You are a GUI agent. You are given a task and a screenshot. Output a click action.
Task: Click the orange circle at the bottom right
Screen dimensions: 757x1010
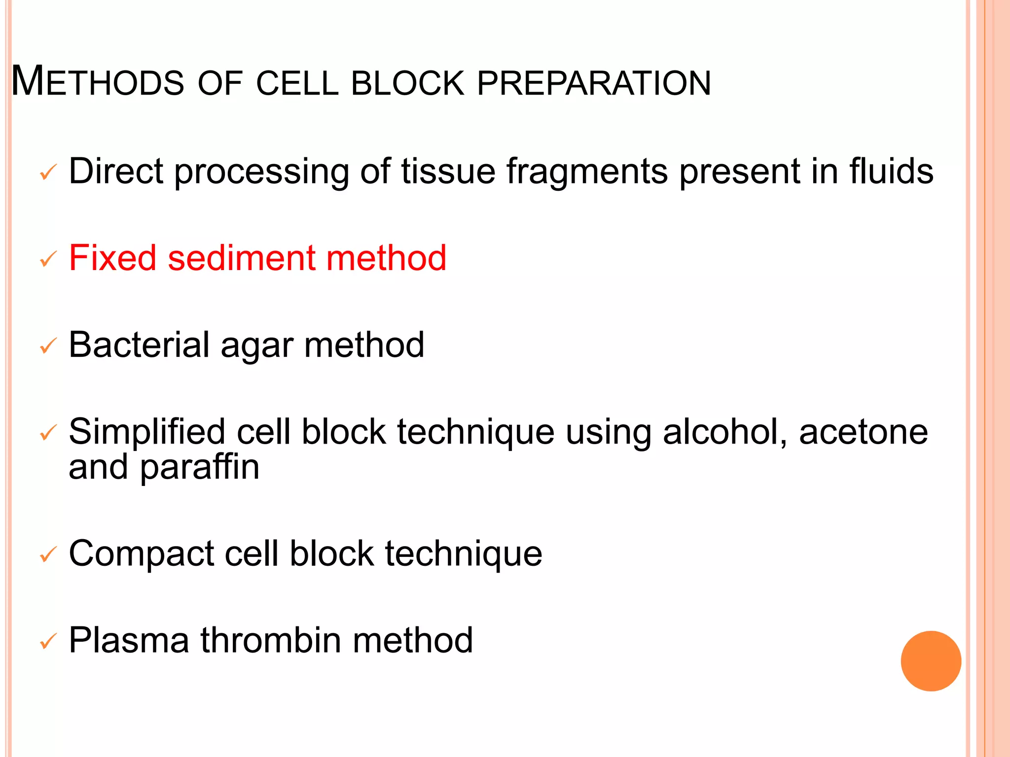click(x=931, y=661)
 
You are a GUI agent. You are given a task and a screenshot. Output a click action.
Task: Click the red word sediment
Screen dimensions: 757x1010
click(x=241, y=258)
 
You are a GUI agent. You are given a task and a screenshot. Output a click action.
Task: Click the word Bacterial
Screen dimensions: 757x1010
click(x=140, y=344)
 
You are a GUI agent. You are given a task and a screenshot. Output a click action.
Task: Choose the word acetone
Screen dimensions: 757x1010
click(x=863, y=432)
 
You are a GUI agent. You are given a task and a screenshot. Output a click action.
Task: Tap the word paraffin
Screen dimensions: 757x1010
click(x=199, y=468)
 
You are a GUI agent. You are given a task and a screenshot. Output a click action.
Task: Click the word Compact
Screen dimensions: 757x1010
click(x=141, y=554)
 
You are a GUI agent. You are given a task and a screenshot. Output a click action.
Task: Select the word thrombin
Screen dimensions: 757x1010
click(x=270, y=640)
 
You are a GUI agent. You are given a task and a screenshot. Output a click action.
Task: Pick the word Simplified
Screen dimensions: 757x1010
click(x=147, y=432)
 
